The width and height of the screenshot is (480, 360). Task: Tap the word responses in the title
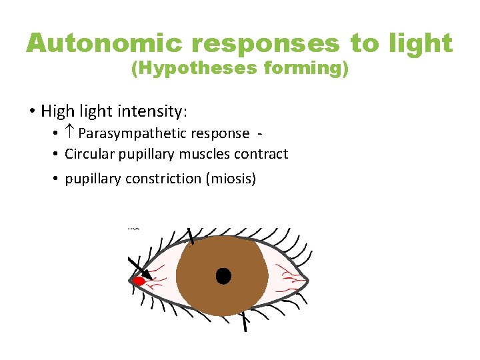point(265,44)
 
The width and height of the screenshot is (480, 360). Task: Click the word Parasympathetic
point(131,134)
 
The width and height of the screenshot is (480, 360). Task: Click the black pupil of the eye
point(223,275)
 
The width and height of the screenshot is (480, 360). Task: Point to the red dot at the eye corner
point(139,281)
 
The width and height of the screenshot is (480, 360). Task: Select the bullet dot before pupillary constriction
point(56,179)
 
